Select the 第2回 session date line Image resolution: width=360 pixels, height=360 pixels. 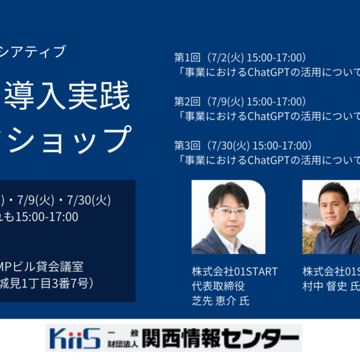tap(240, 102)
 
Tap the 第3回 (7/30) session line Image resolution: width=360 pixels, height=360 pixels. tap(243, 146)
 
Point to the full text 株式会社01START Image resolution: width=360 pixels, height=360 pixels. tap(234, 272)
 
